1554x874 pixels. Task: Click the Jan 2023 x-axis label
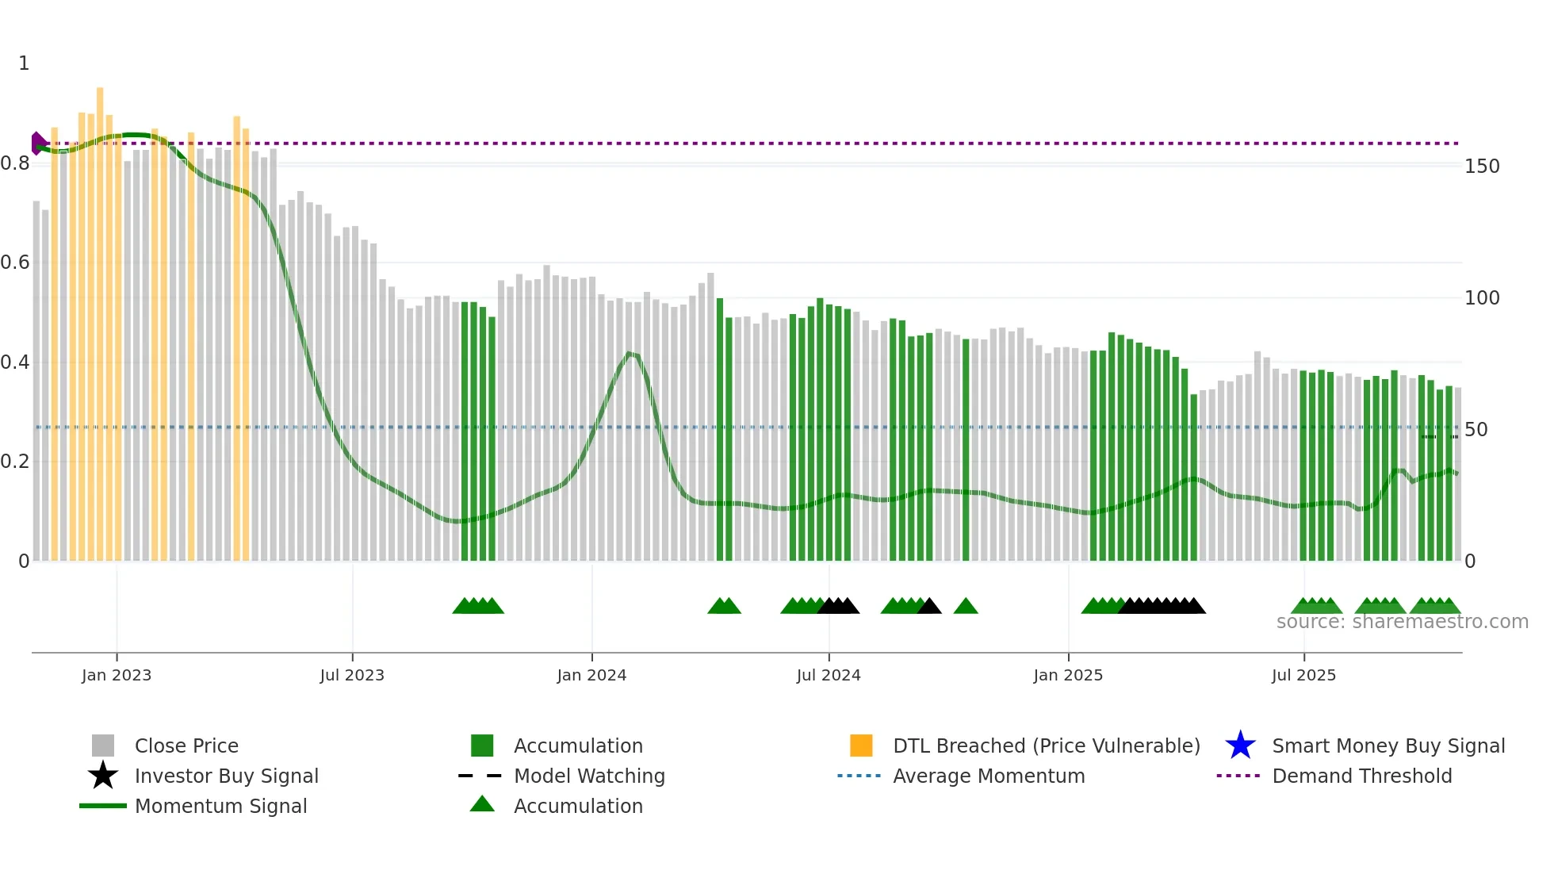pyautogui.click(x=116, y=675)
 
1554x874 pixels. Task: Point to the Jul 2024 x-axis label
pyautogui.click(x=829, y=675)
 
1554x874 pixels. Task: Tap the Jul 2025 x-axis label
pyautogui.click(x=1303, y=675)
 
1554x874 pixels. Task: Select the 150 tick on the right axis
pyautogui.click(x=1482, y=167)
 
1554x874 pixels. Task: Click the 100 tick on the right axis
pyautogui.click(x=1482, y=298)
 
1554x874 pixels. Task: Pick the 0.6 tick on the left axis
pyautogui.click(x=16, y=263)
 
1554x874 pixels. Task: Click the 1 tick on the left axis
pyautogui.click(x=24, y=63)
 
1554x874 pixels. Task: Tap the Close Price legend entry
pyautogui.click(x=186, y=746)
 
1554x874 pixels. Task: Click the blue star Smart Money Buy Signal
pyautogui.click(x=1240, y=746)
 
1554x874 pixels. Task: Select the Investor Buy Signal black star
pyautogui.click(x=103, y=776)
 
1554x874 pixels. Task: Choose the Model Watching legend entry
pyautogui.click(x=588, y=776)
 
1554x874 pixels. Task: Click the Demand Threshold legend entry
pyautogui.click(x=1361, y=776)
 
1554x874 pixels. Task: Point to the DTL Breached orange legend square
pyautogui.click(x=861, y=746)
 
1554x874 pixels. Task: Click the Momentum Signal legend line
pyautogui.click(x=103, y=806)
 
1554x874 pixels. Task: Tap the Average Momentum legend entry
pyautogui.click(x=988, y=776)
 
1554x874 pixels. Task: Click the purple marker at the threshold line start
pyautogui.click(x=37, y=144)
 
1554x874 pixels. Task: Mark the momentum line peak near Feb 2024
pyautogui.click(x=630, y=353)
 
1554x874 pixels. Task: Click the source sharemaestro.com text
pyautogui.click(x=1402, y=622)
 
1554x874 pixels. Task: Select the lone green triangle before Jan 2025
pyautogui.click(x=966, y=607)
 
